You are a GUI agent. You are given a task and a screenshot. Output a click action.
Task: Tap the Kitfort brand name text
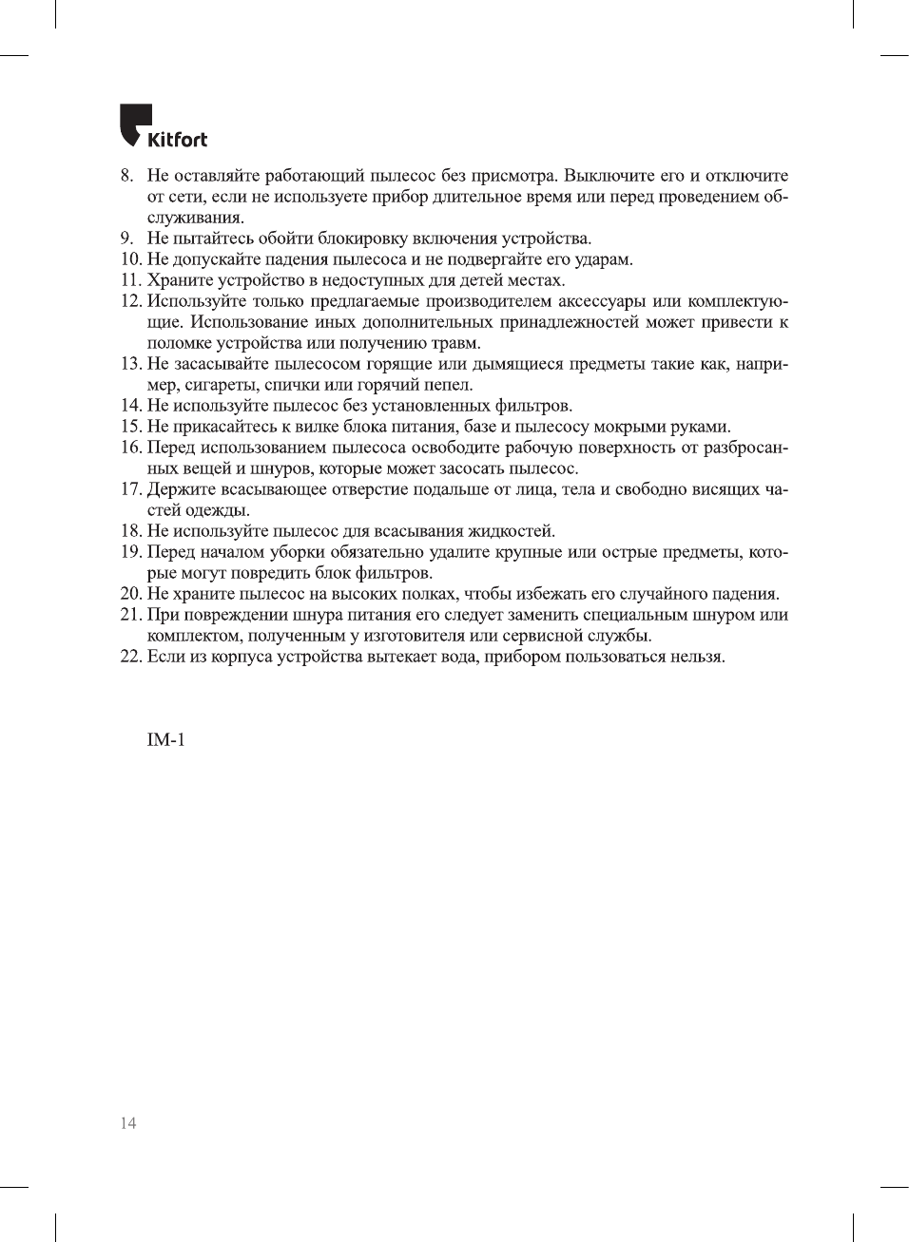click(x=178, y=140)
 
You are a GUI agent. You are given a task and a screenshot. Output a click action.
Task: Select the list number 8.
click(x=126, y=176)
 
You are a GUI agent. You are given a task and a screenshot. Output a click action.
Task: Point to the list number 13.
click(x=130, y=364)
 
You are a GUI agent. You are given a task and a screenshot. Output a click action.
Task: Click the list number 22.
click(x=130, y=657)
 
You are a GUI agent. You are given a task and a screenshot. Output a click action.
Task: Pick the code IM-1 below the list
click(x=165, y=739)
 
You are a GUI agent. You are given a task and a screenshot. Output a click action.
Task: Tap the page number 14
click(x=127, y=1123)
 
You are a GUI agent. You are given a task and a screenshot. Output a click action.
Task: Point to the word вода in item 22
click(x=461, y=657)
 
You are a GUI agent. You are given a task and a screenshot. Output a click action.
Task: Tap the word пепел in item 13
click(x=448, y=385)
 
